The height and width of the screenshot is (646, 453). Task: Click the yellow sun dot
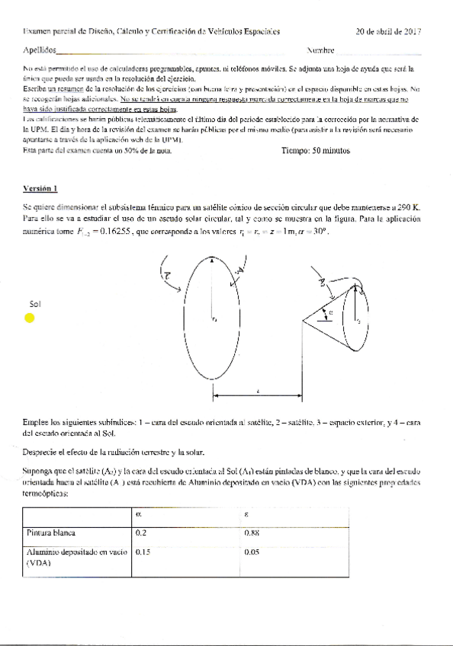click(30, 318)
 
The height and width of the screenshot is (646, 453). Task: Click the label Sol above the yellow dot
click(34, 304)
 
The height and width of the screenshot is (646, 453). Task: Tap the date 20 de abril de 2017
click(389, 32)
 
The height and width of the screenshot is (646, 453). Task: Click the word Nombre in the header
click(320, 50)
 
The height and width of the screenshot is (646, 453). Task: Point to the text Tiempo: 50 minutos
click(316, 151)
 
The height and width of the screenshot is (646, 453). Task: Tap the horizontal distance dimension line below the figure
click(259, 395)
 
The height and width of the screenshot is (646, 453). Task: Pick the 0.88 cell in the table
click(252, 532)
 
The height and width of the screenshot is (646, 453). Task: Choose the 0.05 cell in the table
click(252, 551)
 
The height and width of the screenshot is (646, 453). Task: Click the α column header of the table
click(138, 514)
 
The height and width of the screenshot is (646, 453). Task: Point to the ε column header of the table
click(246, 514)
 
